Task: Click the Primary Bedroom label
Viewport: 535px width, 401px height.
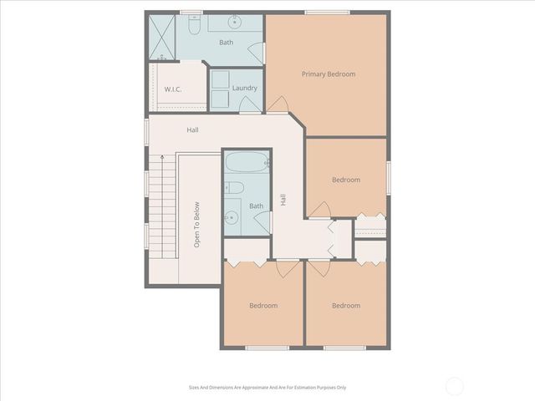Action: point(328,74)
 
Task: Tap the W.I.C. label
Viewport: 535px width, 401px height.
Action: point(173,89)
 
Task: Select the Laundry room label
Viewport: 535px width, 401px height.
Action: point(244,88)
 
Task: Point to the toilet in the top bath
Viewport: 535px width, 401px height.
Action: point(193,28)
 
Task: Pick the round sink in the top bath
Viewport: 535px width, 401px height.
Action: point(237,22)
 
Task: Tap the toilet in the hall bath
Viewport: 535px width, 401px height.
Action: point(235,187)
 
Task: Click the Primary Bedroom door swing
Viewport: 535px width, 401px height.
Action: point(279,105)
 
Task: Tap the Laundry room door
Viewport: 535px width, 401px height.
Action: point(250,104)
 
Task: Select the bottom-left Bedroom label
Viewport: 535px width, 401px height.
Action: point(263,306)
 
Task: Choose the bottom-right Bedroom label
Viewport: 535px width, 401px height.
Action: point(345,306)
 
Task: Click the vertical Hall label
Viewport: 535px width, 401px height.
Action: point(283,200)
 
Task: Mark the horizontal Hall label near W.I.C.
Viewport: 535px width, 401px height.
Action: point(192,129)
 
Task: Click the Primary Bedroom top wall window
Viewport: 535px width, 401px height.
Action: point(315,13)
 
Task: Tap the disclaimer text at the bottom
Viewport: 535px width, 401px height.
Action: point(267,388)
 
